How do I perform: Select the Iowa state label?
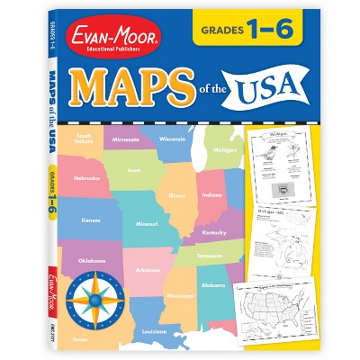pos(133,168)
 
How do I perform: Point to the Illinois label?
pos(176,193)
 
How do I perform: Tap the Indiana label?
pos(211,195)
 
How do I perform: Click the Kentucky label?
pos(215,232)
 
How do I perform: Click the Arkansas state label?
pos(148,269)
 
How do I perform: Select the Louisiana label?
pos(155,331)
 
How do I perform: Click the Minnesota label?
pos(125,139)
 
